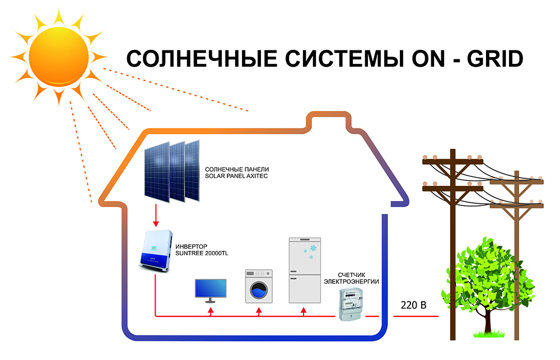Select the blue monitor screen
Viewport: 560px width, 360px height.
210,289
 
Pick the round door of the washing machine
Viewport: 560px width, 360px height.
258,291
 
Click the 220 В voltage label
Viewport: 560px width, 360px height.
414,306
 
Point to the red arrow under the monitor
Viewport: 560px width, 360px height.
211,311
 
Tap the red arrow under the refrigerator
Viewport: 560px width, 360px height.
304,311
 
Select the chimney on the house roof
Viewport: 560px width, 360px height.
325,120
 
